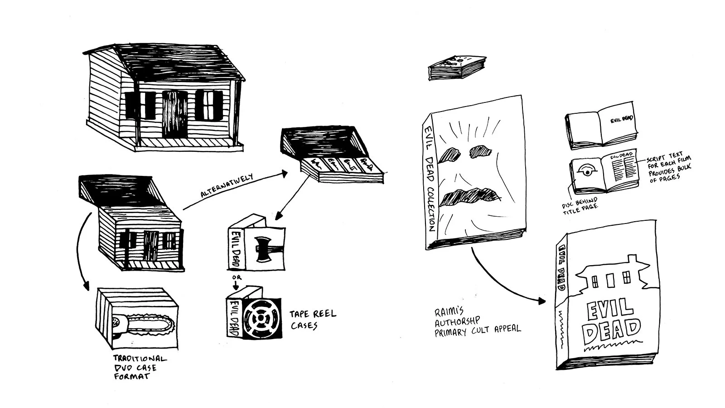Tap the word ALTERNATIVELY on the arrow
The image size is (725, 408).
pyautogui.click(x=227, y=185)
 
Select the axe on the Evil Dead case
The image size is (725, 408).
pyautogui.click(x=263, y=250)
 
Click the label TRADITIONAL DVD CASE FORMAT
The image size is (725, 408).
pyautogui.click(x=140, y=367)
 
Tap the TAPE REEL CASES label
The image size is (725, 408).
pyautogui.click(x=313, y=320)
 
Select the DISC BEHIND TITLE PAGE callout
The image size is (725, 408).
pyautogui.click(x=580, y=205)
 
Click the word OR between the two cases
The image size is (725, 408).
pyautogui.click(x=237, y=277)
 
